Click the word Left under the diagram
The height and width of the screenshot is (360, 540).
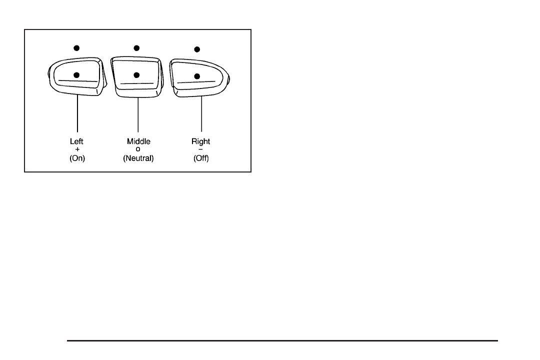pyautogui.click(x=76, y=141)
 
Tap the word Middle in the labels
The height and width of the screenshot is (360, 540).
pyautogui.click(x=138, y=141)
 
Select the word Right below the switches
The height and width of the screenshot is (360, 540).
pyautogui.click(x=200, y=141)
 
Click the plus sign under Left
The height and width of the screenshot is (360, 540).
pyautogui.click(x=76, y=149)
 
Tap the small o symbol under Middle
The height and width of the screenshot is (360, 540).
pyautogui.click(x=138, y=149)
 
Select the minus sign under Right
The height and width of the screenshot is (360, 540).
pyautogui.click(x=200, y=149)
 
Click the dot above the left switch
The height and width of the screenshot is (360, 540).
pyautogui.click(x=76, y=48)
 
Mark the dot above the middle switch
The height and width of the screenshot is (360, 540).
pyautogui.click(x=136, y=48)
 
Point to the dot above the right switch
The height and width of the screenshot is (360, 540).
pyautogui.click(x=197, y=49)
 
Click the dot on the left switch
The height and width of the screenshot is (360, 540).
pyautogui.click(x=76, y=75)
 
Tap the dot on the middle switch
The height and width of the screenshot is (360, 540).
pyautogui.click(x=136, y=75)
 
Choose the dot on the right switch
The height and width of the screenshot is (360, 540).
pyautogui.click(x=197, y=76)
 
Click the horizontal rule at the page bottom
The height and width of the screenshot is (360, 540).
pyautogui.click(x=282, y=341)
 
